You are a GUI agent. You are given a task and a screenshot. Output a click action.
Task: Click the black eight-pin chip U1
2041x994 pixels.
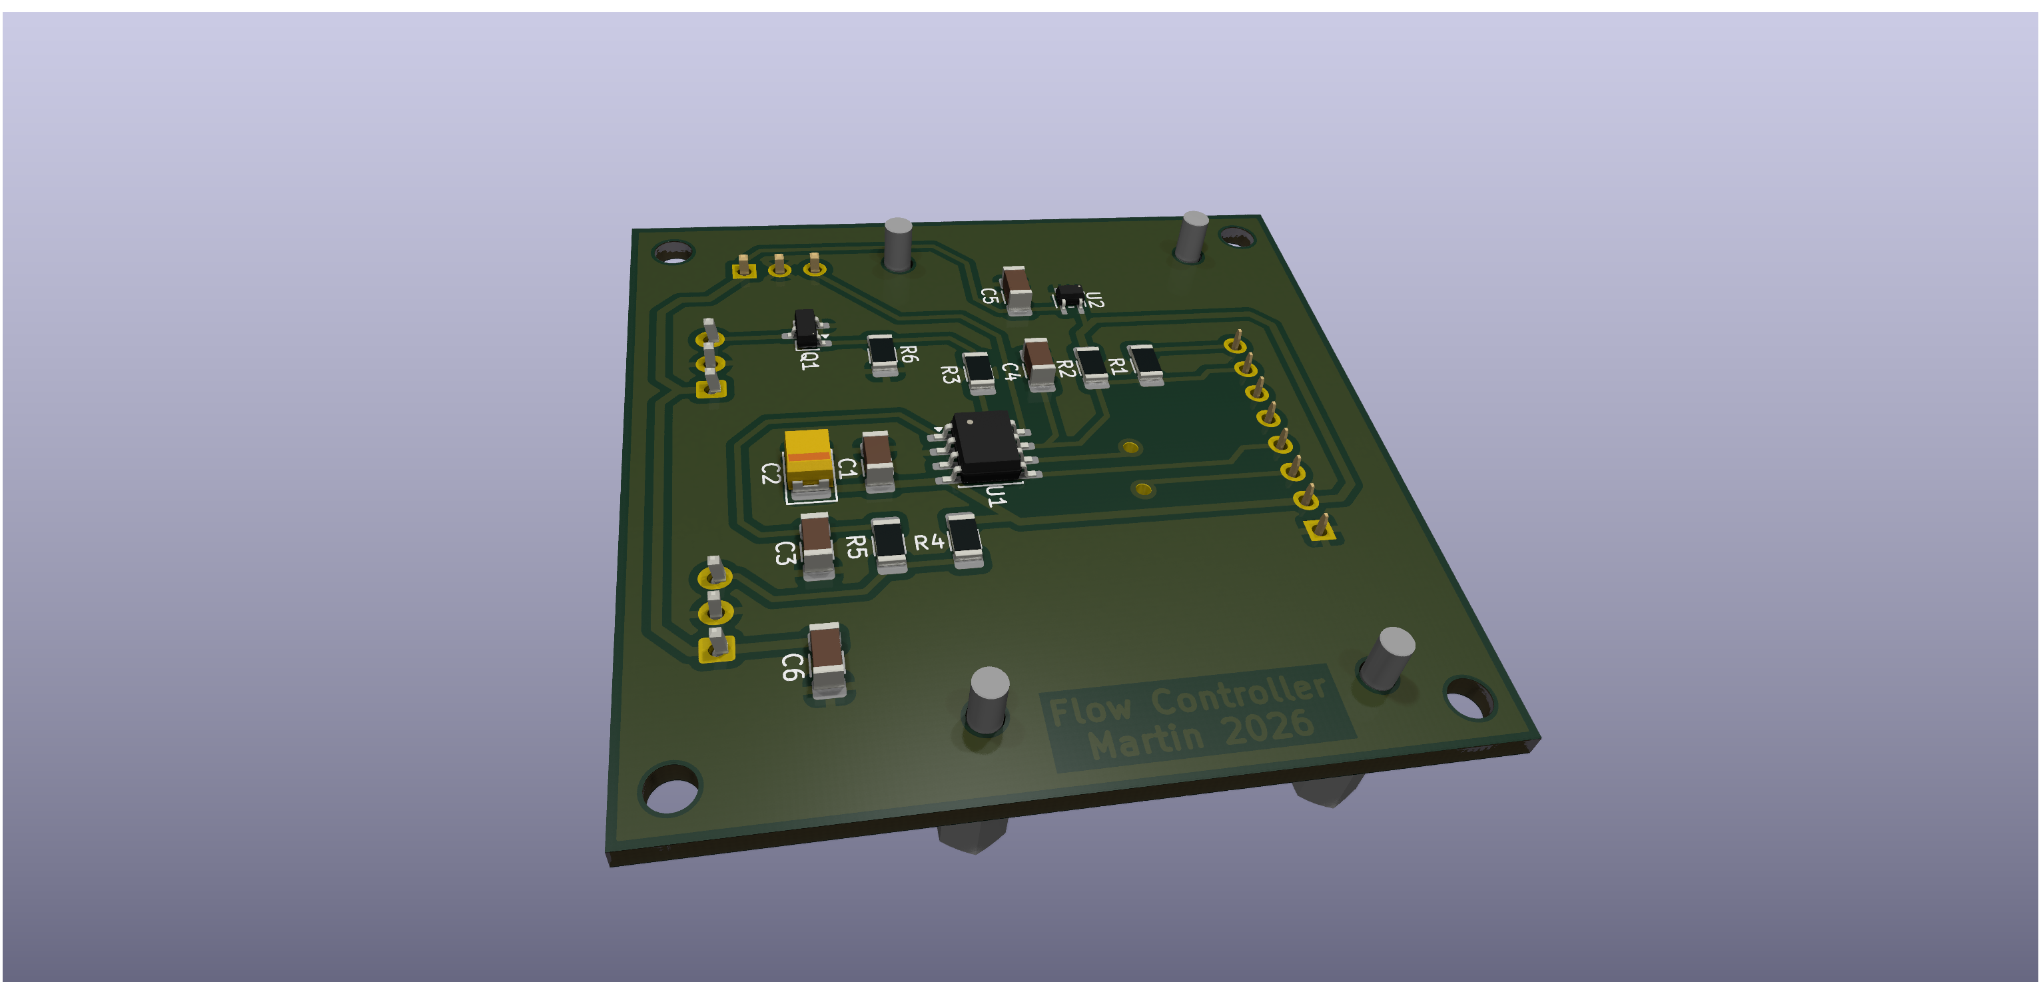[x=987, y=448]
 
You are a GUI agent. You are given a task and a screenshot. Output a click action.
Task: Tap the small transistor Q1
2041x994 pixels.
[x=806, y=328]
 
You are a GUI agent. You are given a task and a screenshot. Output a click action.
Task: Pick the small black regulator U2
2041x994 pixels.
[x=1069, y=296]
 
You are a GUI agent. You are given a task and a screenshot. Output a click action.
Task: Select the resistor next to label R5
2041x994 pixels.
[x=889, y=544]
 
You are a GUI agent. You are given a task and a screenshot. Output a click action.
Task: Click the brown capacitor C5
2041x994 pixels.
[x=1017, y=290]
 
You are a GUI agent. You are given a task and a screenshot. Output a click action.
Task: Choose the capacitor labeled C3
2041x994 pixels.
[x=817, y=546]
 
